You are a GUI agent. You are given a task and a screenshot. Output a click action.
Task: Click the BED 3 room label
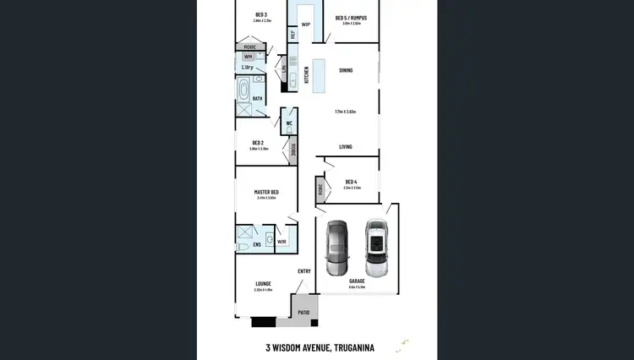click(260, 14)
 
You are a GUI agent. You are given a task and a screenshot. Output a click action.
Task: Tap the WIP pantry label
click(305, 25)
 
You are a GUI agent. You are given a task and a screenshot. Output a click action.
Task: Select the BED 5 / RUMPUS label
click(352, 17)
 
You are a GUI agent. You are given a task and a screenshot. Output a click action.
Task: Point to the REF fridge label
click(292, 35)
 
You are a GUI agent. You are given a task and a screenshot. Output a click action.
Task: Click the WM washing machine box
click(249, 56)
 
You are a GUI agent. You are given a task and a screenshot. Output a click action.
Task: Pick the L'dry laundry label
click(249, 68)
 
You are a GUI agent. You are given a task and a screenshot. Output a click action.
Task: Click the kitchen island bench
click(318, 75)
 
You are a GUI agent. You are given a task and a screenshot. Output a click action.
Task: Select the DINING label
click(346, 70)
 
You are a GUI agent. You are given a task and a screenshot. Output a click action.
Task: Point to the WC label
click(288, 123)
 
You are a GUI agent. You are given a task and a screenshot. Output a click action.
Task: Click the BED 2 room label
click(259, 142)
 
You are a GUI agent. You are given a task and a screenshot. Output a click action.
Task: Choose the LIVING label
click(346, 146)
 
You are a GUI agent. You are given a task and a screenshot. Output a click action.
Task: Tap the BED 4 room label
click(351, 182)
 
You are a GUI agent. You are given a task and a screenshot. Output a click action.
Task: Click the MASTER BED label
click(266, 192)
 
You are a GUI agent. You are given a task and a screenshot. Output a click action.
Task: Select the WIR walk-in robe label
click(281, 242)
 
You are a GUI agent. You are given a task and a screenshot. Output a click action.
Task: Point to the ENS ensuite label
click(257, 245)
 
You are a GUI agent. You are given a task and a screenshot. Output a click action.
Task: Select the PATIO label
click(303, 313)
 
